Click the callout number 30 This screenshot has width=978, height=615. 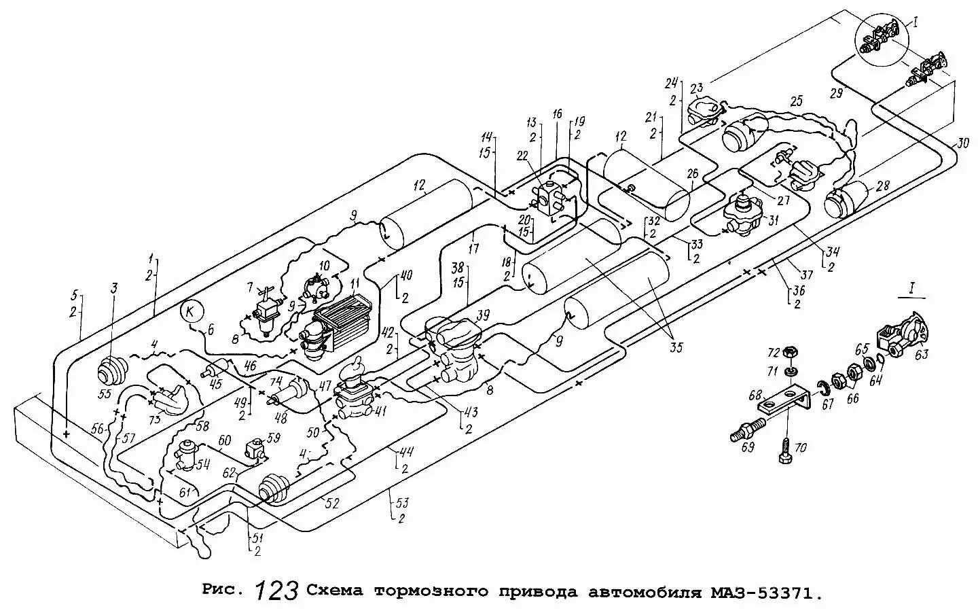[x=964, y=144]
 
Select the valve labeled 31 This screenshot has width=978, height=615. [x=741, y=215]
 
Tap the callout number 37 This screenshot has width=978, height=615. [x=807, y=275]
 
